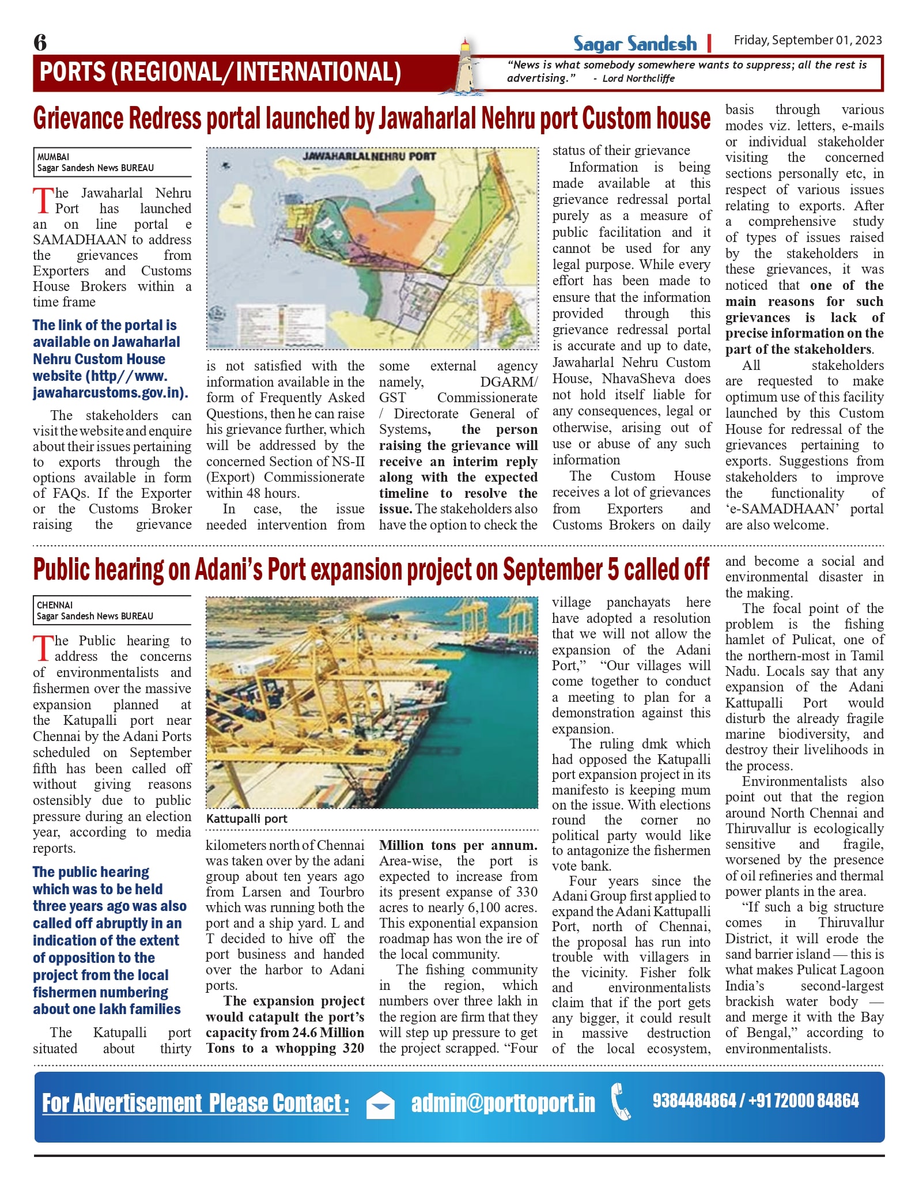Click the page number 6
click(x=40, y=42)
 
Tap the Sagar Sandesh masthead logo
click(x=634, y=44)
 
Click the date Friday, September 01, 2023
click(x=807, y=40)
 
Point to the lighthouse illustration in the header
click(x=464, y=67)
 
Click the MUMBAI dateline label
click(x=53, y=157)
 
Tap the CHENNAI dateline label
click(x=55, y=605)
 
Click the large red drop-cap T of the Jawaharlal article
click(x=43, y=200)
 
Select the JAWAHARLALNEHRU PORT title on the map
click(x=369, y=156)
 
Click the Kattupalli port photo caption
click(x=247, y=819)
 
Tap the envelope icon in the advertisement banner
click(x=381, y=1104)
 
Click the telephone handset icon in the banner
click(x=621, y=1102)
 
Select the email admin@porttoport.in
click(x=503, y=1103)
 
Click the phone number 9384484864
click(x=694, y=1101)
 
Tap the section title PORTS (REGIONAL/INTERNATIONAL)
click(x=220, y=73)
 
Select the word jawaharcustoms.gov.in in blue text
click(x=109, y=393)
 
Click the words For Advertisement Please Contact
click(x=195, y=1103)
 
